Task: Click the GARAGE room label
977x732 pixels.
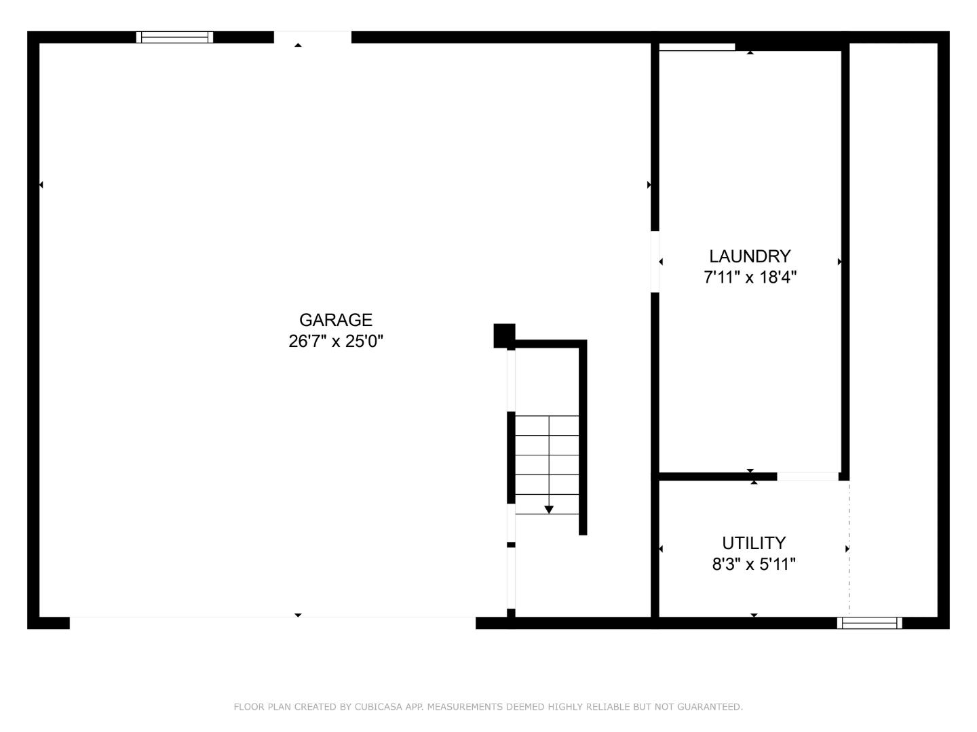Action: [x=336, y=320]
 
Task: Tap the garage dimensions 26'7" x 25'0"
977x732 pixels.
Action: [x=336, y=341]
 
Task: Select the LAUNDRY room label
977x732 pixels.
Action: [x=750, y=256]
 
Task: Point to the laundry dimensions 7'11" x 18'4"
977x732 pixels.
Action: [x=750, y=277]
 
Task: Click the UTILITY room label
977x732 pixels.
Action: [x=754, y=543]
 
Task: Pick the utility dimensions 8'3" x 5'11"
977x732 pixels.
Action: [x=754, y=564]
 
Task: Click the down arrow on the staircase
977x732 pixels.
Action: [x=549, y=509]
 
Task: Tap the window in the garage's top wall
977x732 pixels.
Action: [x=175, y=37]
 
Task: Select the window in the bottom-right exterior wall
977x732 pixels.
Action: [x=869, y=623]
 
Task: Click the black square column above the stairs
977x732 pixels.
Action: [x=504, y=335]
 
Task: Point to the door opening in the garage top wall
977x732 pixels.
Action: [x=313, y=37]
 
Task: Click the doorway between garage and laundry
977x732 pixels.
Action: [x=655, y=262]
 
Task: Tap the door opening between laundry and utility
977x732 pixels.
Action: [x=807, y=476]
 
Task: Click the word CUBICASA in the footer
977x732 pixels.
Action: [x=379, y=707]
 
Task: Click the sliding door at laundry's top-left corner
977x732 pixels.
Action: [x=697, y=47]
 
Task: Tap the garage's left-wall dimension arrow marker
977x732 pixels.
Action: [x=41, y=184]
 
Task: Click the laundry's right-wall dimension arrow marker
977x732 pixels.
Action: [x=839, y=262]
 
